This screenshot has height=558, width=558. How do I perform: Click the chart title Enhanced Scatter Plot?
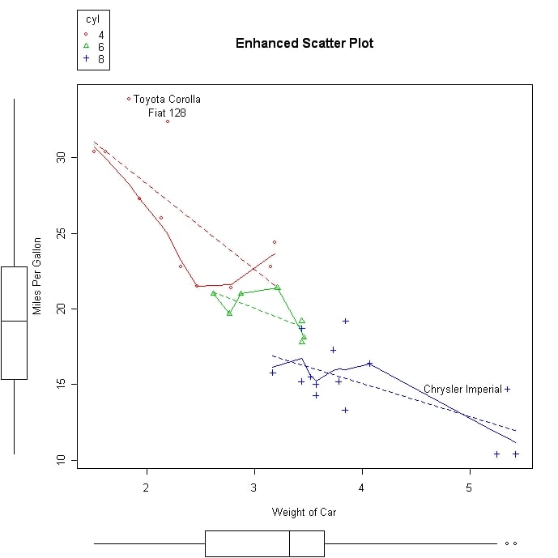pyautogui.click(x=304, y=43)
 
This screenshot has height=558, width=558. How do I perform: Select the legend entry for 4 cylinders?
pyautogui.click(x=94, y=35)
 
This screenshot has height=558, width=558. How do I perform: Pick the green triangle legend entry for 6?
pyautogui.click(x=94, y=47)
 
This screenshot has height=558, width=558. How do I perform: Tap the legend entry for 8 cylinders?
pyautogui.click(x=94, y=59)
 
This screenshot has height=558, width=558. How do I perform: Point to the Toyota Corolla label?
pyautogui.click(x=167, y=100)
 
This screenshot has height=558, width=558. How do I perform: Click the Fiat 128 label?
pyautogui.click(x=167, y=113)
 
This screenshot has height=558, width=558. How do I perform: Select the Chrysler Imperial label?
pyautogui.click(x=462, y=390)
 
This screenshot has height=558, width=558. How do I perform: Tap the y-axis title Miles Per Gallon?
pyautogui.click(x=36, y=276)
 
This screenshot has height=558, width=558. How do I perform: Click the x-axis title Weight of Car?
pyautogui.click(x=304, y=512)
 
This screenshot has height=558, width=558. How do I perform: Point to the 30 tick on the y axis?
pyautogui.click(x=61, y=157)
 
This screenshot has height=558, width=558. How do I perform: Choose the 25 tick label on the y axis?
pyautogui.click(x=61, y=233)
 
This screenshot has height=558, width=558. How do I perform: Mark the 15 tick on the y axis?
pyautogui.click(x=61, y=384)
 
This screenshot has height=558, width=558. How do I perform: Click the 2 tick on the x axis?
pyautogui.click(x=147, y=487)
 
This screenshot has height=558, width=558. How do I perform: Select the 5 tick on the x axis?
pyautogui.click(x=469, y=487)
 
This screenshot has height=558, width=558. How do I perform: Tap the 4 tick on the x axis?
pyautogui.click(x=361, y=487)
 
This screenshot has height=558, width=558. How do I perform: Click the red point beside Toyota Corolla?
pyautogui.click(x=129, y=99)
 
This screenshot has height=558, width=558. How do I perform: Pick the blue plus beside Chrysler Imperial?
pyautogui.click(x=508, y=389)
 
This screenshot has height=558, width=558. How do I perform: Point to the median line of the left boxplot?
pyautogui.click(x=14, y=322)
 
